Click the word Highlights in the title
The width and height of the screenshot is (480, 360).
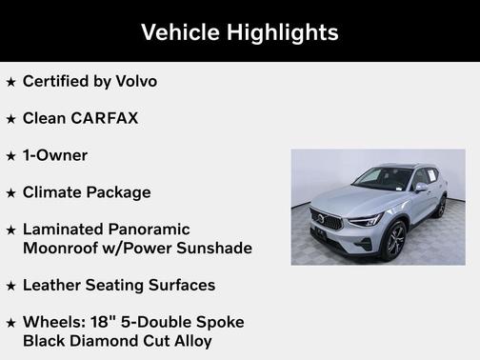click(281, 31)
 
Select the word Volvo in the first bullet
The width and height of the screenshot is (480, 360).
click(135, 81)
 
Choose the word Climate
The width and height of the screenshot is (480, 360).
click(51, 192)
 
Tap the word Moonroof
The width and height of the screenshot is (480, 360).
click(62, 248)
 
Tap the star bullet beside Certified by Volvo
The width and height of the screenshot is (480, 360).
click(10, 82)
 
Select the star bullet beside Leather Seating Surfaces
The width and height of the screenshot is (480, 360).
click(10, 286)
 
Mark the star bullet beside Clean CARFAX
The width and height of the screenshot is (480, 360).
click(10, 119)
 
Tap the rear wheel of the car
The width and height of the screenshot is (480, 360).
click(441, 207)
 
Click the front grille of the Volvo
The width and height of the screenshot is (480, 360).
click(326, 221)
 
